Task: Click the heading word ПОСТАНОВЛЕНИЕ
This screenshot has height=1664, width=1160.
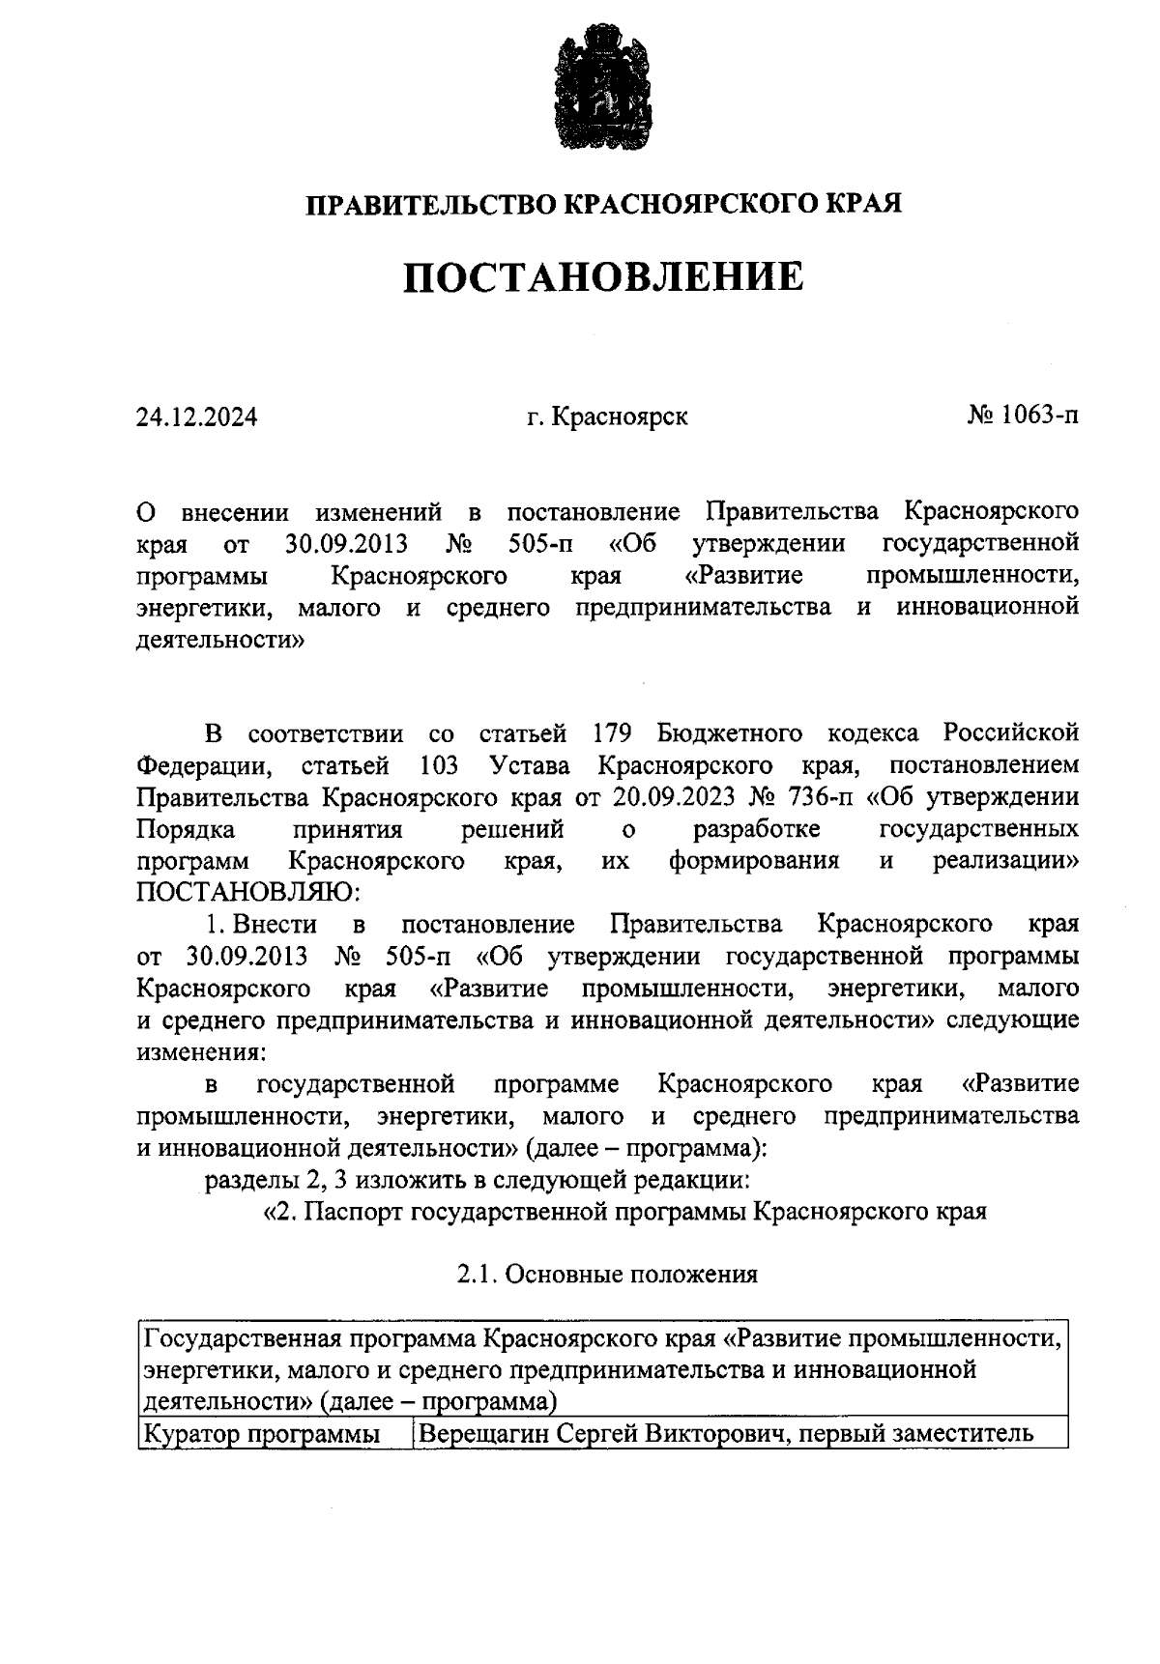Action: click(x=603, y=277)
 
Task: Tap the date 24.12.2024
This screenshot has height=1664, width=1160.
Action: click(x=197, y=417)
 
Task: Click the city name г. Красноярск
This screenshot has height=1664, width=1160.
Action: click(x=608, y=417)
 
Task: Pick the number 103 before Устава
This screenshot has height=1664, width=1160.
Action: click(x=440, y=765)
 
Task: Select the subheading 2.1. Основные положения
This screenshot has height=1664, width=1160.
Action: click(x=607, y=1275)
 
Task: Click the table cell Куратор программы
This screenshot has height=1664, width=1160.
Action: click(x=261, y=1434)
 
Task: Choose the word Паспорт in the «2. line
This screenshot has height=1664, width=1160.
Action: click(x=354, y=1212)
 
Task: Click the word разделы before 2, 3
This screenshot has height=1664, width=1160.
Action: click(x=246, y=1180)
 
